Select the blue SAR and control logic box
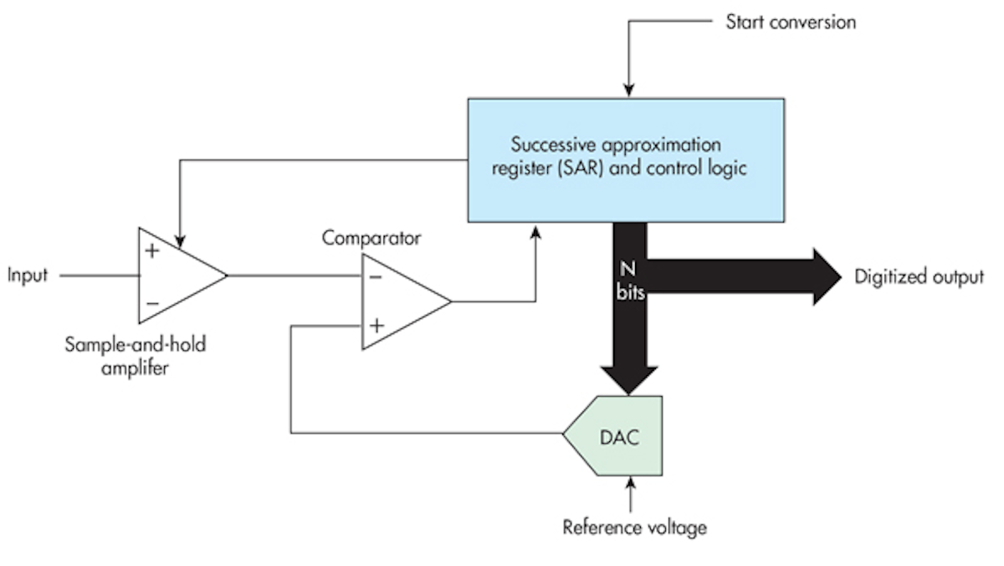point(626,159)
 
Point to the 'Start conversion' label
point(791,23)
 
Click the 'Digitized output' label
point(919,277)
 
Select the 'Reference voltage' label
point(634,527)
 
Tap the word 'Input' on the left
point(27,275)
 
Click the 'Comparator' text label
point(371,238)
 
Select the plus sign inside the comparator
point(377,325)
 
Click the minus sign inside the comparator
point(376,278)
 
